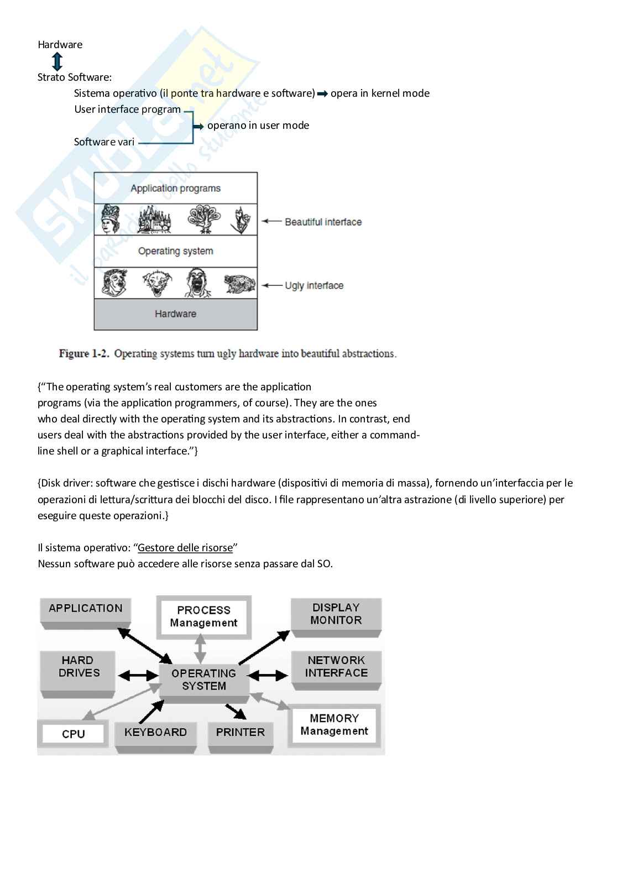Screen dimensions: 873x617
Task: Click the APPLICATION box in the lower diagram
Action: click(x=85, y=609)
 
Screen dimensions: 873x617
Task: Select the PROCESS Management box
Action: click(x=203, y=616)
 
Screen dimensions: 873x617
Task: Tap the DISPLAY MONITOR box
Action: click(x=336, y=614)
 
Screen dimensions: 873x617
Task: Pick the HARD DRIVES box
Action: click(x=77, y=667)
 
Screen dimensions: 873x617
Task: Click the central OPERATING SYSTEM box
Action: click(x=203, y=679)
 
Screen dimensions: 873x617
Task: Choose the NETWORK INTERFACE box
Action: click(x=336, y=667)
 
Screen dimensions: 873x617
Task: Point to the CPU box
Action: click(x=73, y=734)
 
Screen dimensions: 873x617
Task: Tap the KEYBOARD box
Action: click(x=155, y=733)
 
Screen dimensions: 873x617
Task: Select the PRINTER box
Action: click(x=240, y=733)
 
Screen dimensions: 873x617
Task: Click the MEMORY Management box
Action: click(x=334, y=725)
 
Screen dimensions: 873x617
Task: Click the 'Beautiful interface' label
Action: click(x=323, y=222)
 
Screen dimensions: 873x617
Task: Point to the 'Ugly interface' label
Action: click(x=313, y=286)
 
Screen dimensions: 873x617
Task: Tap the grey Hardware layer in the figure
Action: click(x=175, y=314)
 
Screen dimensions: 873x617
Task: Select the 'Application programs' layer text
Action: click(x=175, y=189)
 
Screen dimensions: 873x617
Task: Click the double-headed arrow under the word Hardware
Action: click(x=56, y=61)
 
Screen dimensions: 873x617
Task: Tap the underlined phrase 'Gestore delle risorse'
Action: click(x=185, y=548)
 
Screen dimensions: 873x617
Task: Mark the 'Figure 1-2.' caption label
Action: click(x=83, y=354)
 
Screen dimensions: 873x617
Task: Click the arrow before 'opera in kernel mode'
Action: click(x=322, y=94)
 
